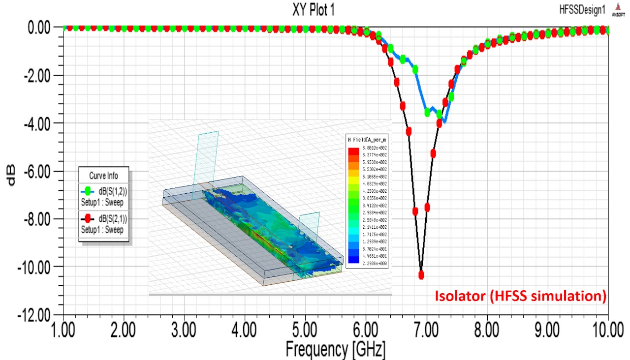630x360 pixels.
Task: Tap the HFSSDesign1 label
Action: (x=582, y=10)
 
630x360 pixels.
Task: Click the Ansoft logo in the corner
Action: (x=617, y=10)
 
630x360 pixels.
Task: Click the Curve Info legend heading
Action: (x=103, y=176)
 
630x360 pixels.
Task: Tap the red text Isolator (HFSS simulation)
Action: (x=520, y=296)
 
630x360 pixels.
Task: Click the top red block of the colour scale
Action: (x=353, y=148)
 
